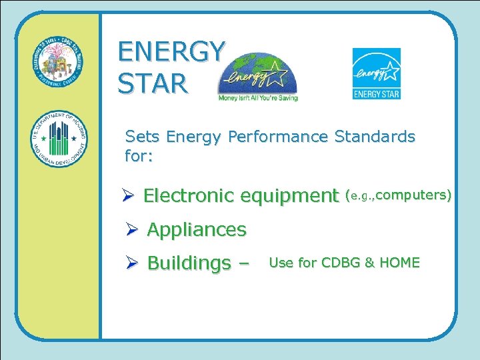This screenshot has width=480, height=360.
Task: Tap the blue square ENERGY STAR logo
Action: click(x=376, y=73)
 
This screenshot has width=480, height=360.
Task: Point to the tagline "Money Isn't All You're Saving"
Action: click(x=258, y=97)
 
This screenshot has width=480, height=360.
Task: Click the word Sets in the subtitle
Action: click(x=143, y=137)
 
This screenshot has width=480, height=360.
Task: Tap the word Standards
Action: click(x=375, y=137)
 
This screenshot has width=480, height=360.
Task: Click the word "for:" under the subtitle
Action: click(x=139, y=158)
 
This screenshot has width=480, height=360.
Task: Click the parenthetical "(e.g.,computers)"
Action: click(x=398, y=195)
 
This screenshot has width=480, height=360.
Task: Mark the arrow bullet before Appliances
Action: click(x=132, y=230)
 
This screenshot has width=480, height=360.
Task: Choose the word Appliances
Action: click(x=197, y=230)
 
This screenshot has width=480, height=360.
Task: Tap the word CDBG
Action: click(x=341, y=263)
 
